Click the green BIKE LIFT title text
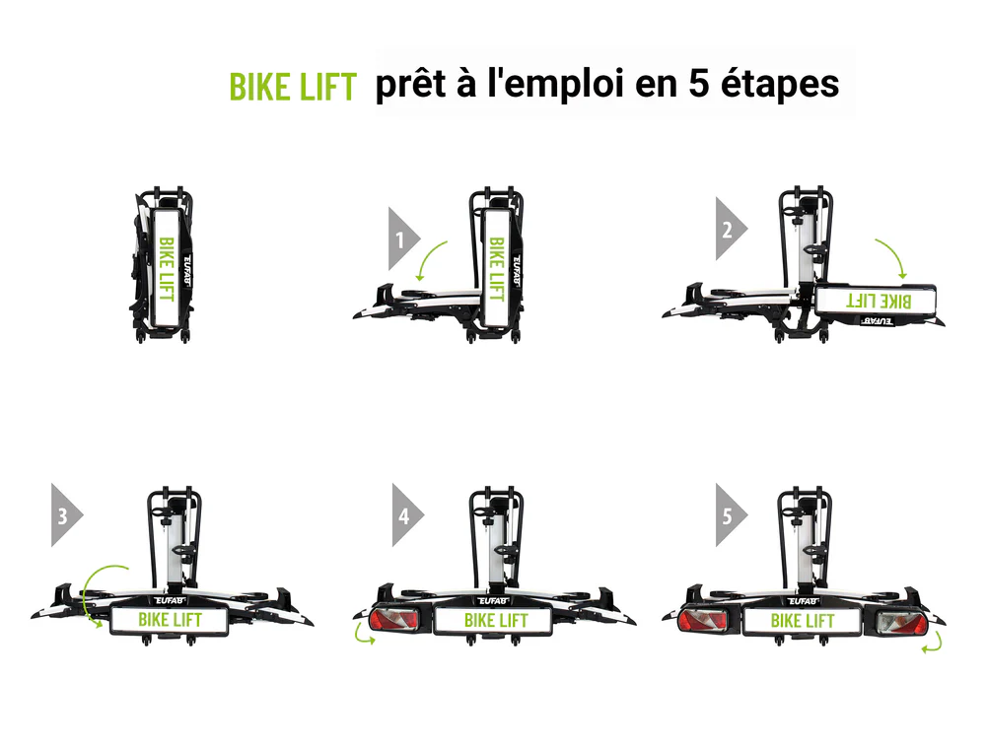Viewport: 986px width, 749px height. pos(293,87)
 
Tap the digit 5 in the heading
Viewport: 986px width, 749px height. pos(699,84)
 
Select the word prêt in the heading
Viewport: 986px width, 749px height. pos(410,84)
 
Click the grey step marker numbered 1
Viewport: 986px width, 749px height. pos(402,238)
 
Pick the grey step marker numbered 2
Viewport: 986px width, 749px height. pos(730,230)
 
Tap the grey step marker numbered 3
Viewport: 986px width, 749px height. pos(65,515)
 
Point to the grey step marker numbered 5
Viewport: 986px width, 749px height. pos(730,515)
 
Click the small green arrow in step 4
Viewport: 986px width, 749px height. pos(362,635)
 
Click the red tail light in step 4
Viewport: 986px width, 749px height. pos(394,620)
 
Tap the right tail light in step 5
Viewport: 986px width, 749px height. pos(901,623)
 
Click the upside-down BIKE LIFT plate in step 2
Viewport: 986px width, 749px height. pos(876,301)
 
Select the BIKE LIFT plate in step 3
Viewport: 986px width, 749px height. pos(170,620)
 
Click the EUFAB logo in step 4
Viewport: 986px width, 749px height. pos(492,601)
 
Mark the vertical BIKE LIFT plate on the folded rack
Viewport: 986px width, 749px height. pos(166,268)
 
